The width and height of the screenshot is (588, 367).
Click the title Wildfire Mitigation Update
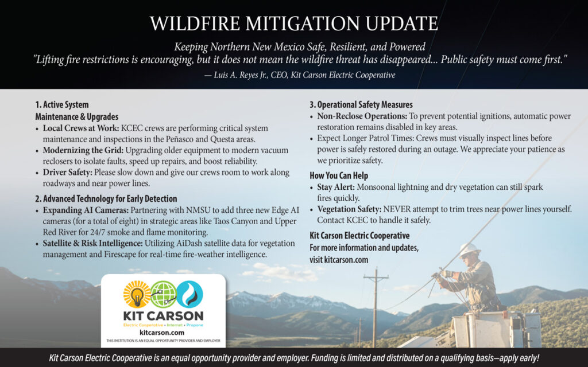pyautogui.click(x=294, y=24)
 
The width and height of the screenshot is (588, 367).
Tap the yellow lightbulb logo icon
pyautogui.click(x=137, y=295)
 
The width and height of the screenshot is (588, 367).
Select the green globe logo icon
pyautogui.click(x=164, y=295)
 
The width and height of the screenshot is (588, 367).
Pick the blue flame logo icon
pyautogui.click(x=189, y=295)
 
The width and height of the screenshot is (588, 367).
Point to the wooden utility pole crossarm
pyautogui.click(x=376, y=278)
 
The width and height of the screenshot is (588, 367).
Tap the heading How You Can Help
pyautogui.click(x=339, y=175)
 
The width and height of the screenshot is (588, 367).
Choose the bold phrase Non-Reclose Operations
pyautogui.click(x=362, y=116)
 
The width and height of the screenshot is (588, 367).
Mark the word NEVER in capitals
pyautogui.click(x=396, y=209)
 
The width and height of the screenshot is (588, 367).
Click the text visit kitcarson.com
pyautogui.click(x=339, y=260)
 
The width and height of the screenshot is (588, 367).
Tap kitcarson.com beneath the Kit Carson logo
pyautogui.click(x=162, y=333)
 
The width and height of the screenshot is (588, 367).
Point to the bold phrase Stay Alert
pyautogui.click(x=336, y=187)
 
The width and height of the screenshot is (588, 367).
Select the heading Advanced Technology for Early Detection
pyautogui.click(x=106, y=199)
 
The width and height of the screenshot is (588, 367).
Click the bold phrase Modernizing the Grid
pyautogui.click(x=83, y=151)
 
